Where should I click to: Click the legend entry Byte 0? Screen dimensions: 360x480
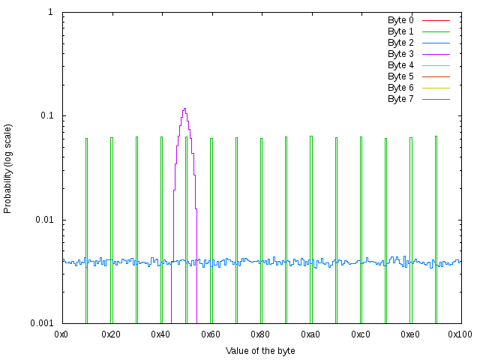coord(400,20)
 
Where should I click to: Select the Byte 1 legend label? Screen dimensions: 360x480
coord(400,31)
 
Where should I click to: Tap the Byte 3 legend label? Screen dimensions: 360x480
coord(400,54)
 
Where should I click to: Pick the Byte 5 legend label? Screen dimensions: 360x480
coord(400,76)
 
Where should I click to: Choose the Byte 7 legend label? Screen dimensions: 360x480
coord(400,99)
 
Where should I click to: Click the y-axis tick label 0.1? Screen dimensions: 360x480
coord(45,116)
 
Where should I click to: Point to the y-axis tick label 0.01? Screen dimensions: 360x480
coord(43,220)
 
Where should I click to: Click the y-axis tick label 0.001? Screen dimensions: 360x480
coord(40,323)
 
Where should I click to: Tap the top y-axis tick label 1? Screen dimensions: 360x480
coord(50,13)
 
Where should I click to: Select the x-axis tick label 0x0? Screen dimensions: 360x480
coord(62,333)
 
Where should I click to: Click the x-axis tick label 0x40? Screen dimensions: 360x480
coord(161,333)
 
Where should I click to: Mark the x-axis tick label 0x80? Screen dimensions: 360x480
coord(261,333)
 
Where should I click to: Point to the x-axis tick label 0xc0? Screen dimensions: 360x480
coord(361,333)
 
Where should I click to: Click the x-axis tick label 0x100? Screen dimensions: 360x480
coord(460,333)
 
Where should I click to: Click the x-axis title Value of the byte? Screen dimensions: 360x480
coord(260,351)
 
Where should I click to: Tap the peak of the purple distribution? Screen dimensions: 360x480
coord(184,109)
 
